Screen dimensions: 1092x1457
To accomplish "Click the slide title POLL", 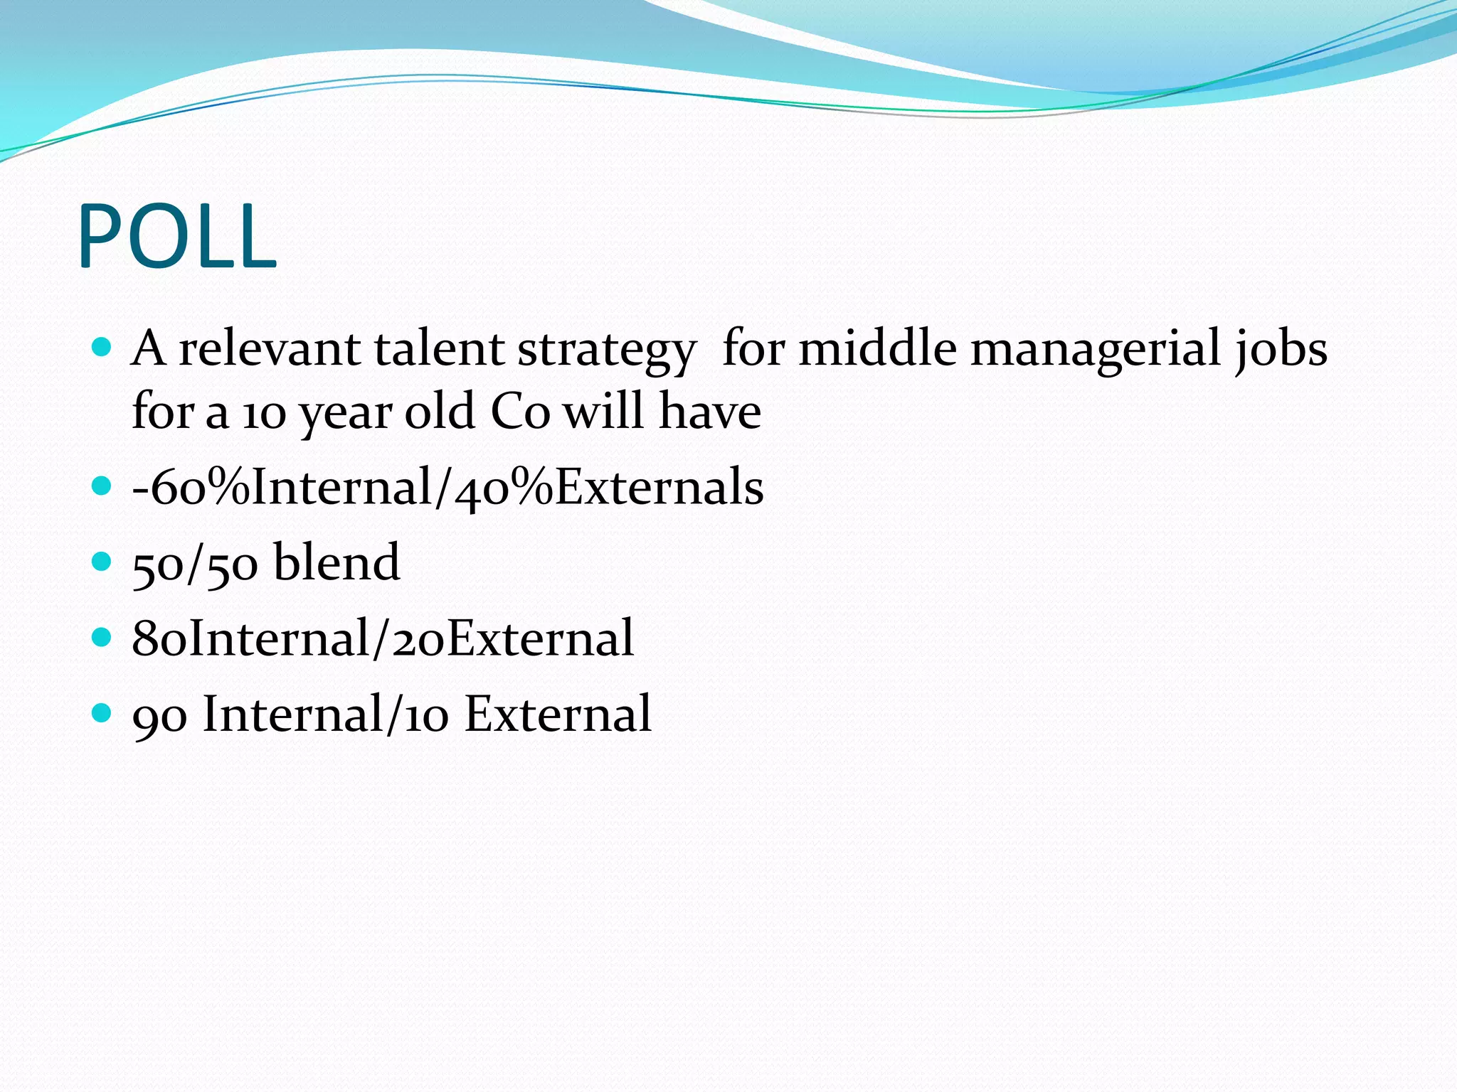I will pyautogui.click(x=177, y=236).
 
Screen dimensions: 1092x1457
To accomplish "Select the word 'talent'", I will pyautogui.click(x=439, y=349).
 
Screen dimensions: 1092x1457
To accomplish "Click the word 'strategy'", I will pyautogui.click(x=606, y=350).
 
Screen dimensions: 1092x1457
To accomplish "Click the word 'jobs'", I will pyautogui.click(x=1281, y=350).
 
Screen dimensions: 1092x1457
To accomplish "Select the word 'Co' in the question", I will pyautogui.click(x=520, y=412).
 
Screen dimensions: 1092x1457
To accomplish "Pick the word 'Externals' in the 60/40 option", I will pyautogui.click(x=659, y=488).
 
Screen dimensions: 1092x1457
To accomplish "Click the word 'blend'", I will pyautogui.click(x=337, y=562).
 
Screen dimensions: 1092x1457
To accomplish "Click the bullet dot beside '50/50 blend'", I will pyautogui.click(x=102, y=562).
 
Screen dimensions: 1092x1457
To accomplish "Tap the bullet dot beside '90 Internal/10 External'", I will pyautogui.click(x=102, y=712).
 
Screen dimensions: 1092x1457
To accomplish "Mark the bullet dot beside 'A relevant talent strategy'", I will pyautogui.click(x=102, y=347).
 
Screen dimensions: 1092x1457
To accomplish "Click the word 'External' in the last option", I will pyautogui.click(x=558, y=714).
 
